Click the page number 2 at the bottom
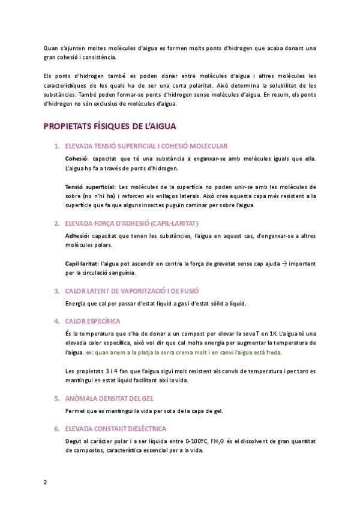[45, 482]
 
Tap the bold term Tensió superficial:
[91, 187]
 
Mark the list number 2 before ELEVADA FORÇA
[56, 223]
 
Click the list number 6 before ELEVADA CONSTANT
[56, 428]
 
